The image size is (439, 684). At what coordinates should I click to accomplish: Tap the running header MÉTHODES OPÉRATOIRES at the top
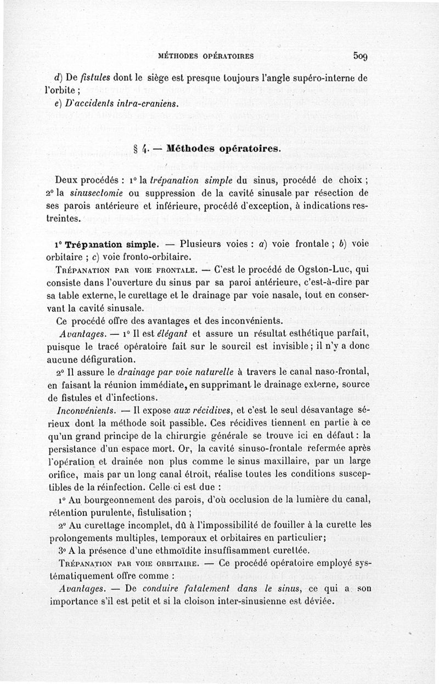tap(205, 56)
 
